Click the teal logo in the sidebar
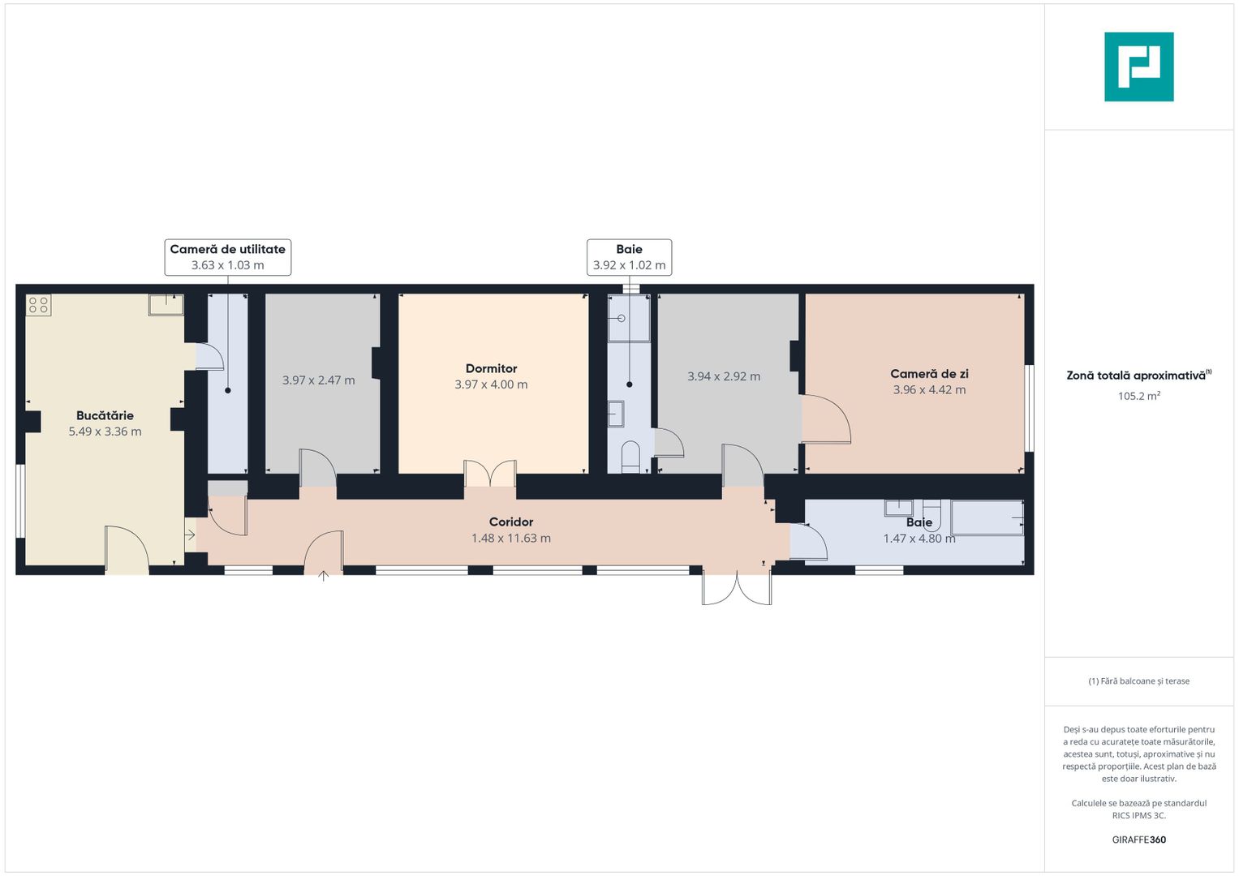coord(1139,67)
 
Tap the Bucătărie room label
coord(105,415)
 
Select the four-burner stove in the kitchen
coord(39,305)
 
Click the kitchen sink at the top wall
coord(166,305)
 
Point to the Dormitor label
coord(491,368)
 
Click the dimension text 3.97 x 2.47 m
coord(319,380)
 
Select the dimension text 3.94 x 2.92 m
coord(724,376)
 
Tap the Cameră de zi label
coord(929,374)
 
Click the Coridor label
coord(511,522)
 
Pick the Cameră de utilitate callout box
coord(228,257)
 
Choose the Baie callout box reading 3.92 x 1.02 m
coord(630,257)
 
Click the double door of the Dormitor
coord(490,474)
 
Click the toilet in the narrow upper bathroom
coord(630,457)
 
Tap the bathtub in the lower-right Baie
coord(987,517)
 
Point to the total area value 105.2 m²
coord(1139,396)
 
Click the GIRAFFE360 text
coord(1139,839)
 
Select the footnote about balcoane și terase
coord(1139,681)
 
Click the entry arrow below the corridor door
coord(324,576)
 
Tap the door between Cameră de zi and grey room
coord(826,419)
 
